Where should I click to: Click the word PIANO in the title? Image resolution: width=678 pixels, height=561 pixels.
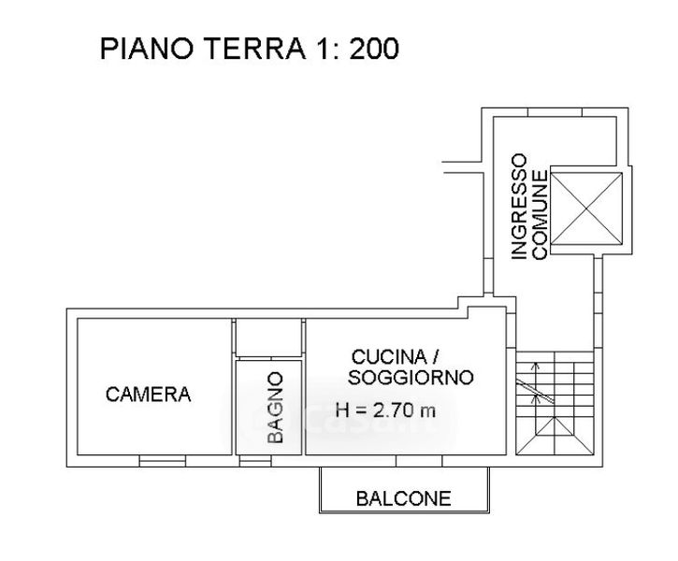pos(147,49)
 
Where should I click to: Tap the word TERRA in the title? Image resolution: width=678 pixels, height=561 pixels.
pos(254,49)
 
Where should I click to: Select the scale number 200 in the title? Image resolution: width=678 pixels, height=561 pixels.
pos(374,49)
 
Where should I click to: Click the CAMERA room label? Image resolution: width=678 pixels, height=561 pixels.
pos(149,395)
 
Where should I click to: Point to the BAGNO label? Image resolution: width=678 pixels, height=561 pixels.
pos(275,408)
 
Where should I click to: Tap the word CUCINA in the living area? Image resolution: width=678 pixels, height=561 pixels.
pos(389,357)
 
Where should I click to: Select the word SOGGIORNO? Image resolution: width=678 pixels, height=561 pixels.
pos(411,378)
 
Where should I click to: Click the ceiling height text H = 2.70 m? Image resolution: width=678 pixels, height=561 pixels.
pos(385,410)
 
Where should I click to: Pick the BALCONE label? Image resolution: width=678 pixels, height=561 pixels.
pos(403,498)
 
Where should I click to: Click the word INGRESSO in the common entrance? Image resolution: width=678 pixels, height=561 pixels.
pos(519,207)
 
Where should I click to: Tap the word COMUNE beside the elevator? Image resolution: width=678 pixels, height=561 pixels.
pos(540,215)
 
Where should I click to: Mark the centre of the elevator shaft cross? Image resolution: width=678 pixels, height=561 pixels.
pos(586,209)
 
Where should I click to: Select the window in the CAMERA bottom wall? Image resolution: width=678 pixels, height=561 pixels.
pos(163,461)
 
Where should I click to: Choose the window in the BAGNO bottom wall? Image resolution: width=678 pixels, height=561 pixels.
pos(255,461)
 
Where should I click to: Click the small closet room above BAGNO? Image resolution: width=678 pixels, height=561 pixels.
pos(268,338)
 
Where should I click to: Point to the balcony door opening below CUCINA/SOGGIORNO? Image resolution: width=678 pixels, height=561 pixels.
pos(419,461)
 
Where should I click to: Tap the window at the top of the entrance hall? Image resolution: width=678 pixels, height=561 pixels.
pos(555,112)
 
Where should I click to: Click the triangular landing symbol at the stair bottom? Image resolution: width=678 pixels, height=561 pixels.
pos(555,436)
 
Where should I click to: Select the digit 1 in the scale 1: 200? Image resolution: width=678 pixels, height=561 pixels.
pos(323,49)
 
